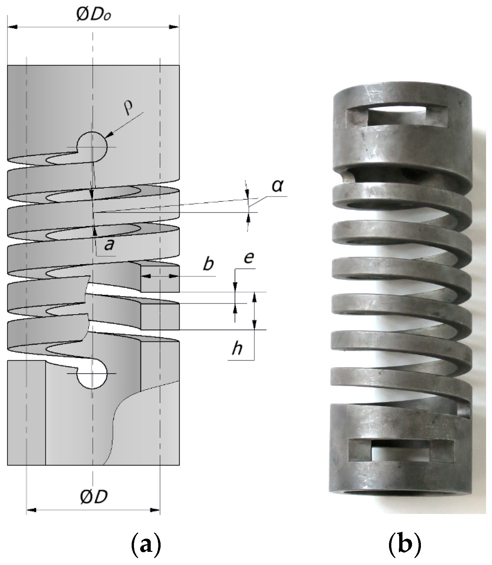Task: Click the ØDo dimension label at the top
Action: click(93, 15)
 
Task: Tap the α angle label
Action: click(277, 186)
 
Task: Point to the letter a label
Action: click(109, 244)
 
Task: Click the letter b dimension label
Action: click(208, 264)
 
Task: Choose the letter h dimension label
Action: click(237, 348)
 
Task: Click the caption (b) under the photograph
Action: click(404, 545)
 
